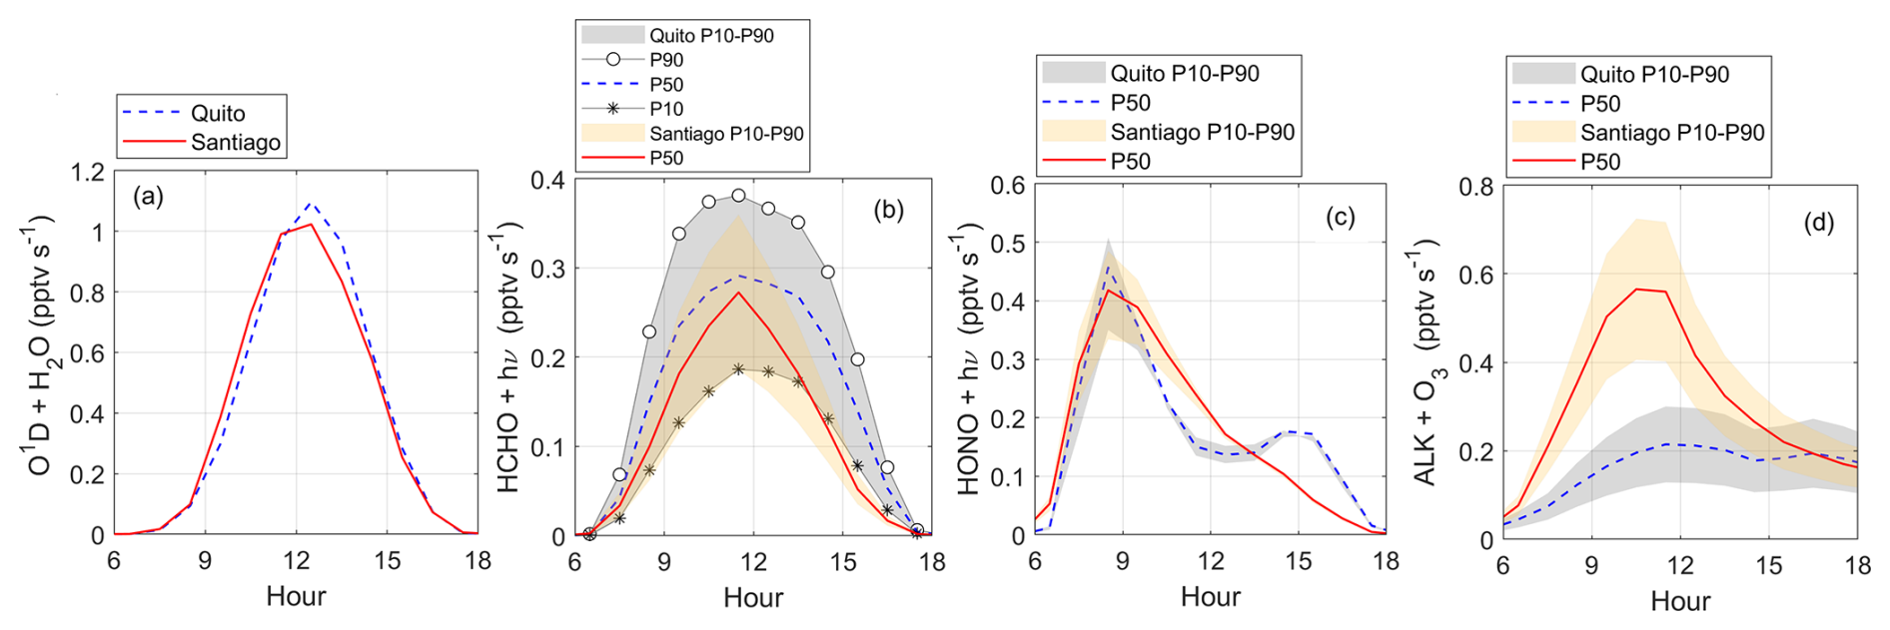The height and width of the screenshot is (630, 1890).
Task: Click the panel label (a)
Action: [x=148, y=197]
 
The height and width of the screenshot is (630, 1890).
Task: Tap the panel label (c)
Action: [x=1339, y=218]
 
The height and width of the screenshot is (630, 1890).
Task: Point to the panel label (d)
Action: [x=1818, y=222]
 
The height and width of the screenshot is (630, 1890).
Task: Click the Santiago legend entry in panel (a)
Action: [x=235, y=142]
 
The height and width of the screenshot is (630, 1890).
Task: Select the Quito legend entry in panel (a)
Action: [x=218, y=113]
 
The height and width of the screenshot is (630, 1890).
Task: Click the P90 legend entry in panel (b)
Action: [x=665, y=60]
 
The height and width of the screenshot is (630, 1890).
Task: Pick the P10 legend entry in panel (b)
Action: [x=665, y=109]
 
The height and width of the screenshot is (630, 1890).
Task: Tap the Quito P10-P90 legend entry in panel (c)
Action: [x=1184, y=73]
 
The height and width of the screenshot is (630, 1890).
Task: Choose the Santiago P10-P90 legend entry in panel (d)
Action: [x=1671, y=132]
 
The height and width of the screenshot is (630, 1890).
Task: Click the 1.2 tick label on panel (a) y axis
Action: [x=88, y=172]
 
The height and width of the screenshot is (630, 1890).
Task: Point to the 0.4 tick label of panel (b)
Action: [x=546, y=180]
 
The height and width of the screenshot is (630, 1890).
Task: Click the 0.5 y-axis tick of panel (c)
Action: [x=1007, y=243]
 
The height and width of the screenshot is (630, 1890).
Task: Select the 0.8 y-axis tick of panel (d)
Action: [x=1475, y=187]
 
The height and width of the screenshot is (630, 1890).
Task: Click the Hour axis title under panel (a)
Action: [x=296, y=596]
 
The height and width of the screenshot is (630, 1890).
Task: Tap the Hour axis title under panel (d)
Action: [x=1680, y=600]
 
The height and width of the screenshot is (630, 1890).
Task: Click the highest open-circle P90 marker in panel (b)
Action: [x=738, y=196]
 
